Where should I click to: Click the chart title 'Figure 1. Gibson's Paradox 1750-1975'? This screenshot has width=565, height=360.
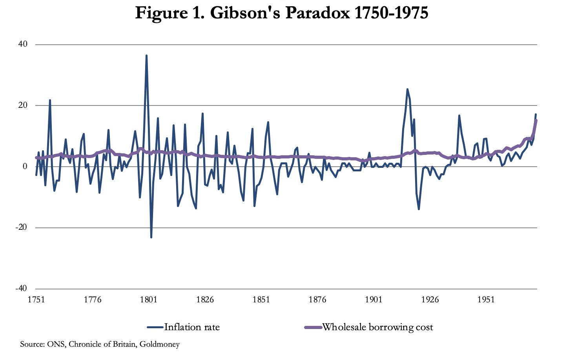pyautogui.click(x=281, y=13)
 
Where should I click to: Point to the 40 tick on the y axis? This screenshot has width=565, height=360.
pyautogui.click(x=23, y=44)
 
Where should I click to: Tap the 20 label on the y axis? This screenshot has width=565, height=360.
pyautogui.click(x=23, y=105)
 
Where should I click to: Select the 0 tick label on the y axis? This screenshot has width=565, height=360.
pyautogui.click(x=25, y=166)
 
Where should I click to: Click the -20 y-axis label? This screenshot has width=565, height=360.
pyautogui.click(x=21, y=227)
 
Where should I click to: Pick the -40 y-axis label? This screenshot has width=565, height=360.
pyautogui.click(x=21, y=288)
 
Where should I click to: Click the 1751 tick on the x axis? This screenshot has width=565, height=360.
pyautogui.click(x=36, y=300)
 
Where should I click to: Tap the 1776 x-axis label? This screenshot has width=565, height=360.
pyautogui.click(x=92, y=300)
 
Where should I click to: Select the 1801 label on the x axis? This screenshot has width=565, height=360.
pyautogui.click(x=148, y=300)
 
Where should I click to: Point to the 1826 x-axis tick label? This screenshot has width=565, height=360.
pyautogui.click(x=205, y=300)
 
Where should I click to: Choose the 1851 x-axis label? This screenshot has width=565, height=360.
pyautogui.click(x=261, y=300)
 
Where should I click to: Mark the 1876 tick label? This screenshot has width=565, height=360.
pyautogui.click(x=317, y=300)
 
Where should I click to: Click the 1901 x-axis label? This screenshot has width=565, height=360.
pyautogui.click(x=374, y=300)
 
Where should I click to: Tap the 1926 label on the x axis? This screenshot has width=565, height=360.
pyautogui.click(x=430, y=300)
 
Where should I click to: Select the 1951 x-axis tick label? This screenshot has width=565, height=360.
pyautogui.click(x=486, y=300)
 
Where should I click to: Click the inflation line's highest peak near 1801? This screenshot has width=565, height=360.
pyautogui.click(x=146, y=56)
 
